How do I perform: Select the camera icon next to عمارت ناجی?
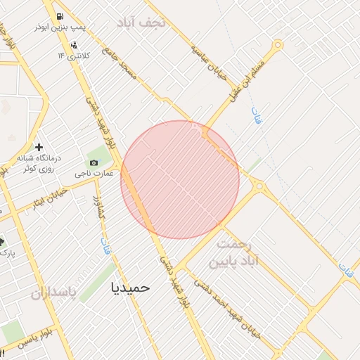click(94, 163)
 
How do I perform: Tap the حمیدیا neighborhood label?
click(131, 287)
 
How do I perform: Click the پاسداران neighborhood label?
click(52, 293)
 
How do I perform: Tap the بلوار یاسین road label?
click(32, 335)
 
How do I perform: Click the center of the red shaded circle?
click(180, 179)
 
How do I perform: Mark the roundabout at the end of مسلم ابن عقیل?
click(278, 46)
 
